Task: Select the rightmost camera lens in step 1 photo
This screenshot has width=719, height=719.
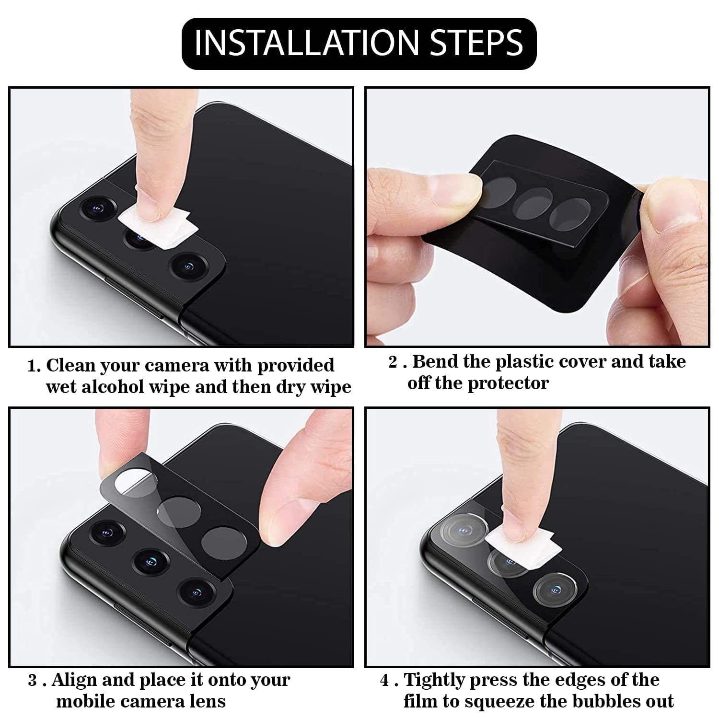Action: click(x=188, y=266)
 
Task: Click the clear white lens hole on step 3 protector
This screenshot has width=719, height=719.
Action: click(x=133, y=483)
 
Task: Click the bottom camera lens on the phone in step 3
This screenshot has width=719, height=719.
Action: click(x=195, y=592)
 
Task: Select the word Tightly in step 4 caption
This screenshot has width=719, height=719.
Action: click(x=434, y=680)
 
